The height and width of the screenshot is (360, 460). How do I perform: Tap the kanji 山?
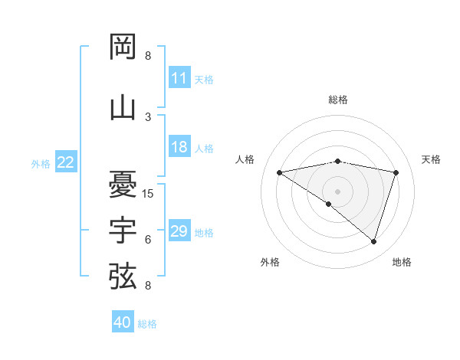[123, 107]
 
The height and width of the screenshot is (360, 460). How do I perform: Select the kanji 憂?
[123, 184]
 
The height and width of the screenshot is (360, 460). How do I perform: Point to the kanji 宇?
[123, 230]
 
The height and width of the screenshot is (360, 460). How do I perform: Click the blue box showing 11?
[179, 78]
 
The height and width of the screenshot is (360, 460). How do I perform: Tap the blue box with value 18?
[179, 147]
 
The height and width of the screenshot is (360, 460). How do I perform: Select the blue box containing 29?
[179, 231]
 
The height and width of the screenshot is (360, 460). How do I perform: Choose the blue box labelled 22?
[66, 162]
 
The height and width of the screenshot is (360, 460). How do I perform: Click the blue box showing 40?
[123, 322]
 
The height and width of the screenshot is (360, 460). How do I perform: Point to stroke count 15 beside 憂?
[148, 193]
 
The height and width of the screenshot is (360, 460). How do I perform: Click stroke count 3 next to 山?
[148, 116]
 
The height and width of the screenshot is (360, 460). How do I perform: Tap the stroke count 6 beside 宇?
[148, 240]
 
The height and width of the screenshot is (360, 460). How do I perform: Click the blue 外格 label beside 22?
[41, 163]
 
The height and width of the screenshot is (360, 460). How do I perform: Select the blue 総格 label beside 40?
[147, 324]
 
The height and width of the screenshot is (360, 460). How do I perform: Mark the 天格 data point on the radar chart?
[396, 172]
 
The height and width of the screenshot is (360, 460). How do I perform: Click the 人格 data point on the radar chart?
[280, 172]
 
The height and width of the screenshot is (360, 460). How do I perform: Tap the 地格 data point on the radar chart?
[373, 241]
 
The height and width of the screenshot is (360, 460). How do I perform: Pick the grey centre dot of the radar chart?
[337, 191]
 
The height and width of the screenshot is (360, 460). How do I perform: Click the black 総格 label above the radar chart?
[337, 100]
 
